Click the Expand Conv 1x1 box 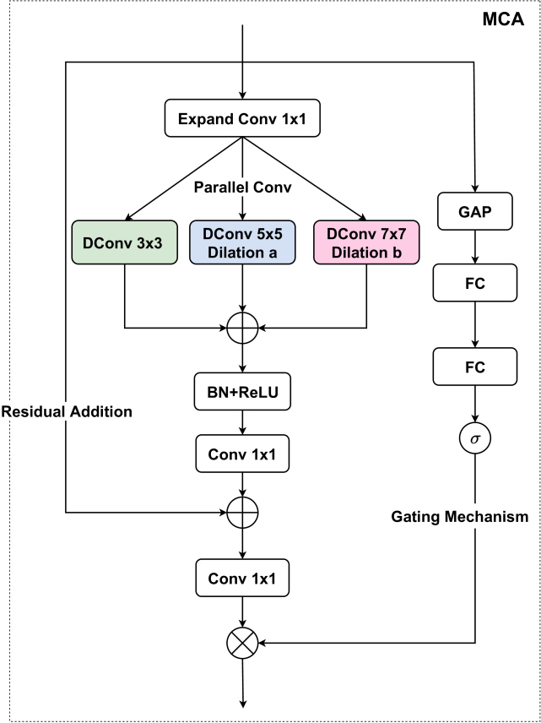243,121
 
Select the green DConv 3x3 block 125,241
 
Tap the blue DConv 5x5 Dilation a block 243,241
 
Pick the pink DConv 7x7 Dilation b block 365,241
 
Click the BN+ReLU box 243,394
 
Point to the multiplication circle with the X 243,644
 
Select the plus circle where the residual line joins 243,512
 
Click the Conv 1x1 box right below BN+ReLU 243,454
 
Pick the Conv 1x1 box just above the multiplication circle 243,579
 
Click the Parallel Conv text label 243,186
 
